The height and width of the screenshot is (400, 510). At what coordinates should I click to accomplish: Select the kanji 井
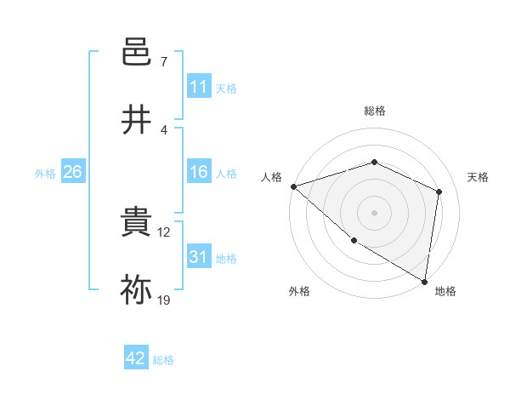tap(136, 120)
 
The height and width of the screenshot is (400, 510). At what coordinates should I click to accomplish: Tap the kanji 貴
tap(136, 223)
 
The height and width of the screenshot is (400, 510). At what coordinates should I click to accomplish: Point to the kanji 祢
tap(136, 290)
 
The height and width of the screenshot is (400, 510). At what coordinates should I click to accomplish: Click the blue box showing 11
tap(199, 87)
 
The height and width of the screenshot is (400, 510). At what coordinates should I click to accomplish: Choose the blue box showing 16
tap(199, 172)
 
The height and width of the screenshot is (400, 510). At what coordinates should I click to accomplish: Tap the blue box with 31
tap(199, 257)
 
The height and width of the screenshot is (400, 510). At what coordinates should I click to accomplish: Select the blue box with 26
tap(72, 172)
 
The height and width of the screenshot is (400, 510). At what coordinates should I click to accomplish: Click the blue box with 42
tap(136, 358)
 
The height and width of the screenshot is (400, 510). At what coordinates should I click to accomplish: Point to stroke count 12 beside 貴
tap(165, 232)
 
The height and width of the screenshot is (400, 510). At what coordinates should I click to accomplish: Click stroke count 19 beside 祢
tap(165, 300)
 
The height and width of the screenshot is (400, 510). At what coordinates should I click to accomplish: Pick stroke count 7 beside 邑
tap(164, 63)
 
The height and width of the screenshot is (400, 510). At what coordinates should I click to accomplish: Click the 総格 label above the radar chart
tap(374, 111)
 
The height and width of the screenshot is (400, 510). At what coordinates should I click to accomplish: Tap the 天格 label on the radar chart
tap(479, 177)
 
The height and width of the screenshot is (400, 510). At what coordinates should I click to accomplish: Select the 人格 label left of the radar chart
tap(271, 177)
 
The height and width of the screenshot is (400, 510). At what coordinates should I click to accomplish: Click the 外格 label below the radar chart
tap(299, 291)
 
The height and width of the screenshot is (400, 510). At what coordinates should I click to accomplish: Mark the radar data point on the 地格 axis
tap(425, 281)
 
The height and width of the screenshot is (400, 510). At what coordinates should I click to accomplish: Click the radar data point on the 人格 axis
tap(292, 186)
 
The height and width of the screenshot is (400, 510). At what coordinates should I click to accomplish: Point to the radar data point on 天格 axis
tap(439, 191)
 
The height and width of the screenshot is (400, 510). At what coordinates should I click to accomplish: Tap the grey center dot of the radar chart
tap(374, 212)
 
